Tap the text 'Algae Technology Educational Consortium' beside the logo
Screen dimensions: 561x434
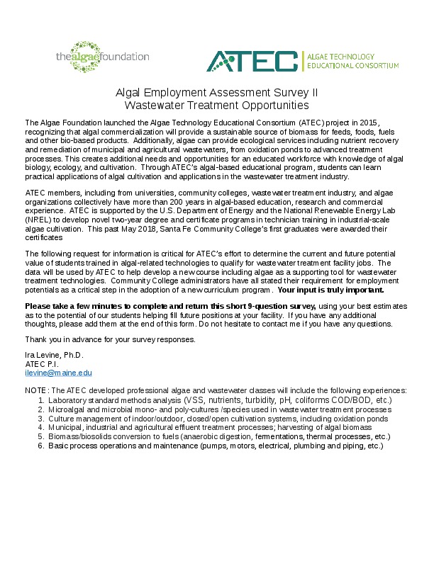[352, 61]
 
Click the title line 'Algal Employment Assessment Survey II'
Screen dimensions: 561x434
[216, 93]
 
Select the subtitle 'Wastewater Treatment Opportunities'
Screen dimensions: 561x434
[216, 106]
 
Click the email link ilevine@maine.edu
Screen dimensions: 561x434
[59, 373]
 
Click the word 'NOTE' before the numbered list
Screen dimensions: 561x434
[36, 391]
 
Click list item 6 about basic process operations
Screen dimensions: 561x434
[216, 446]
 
